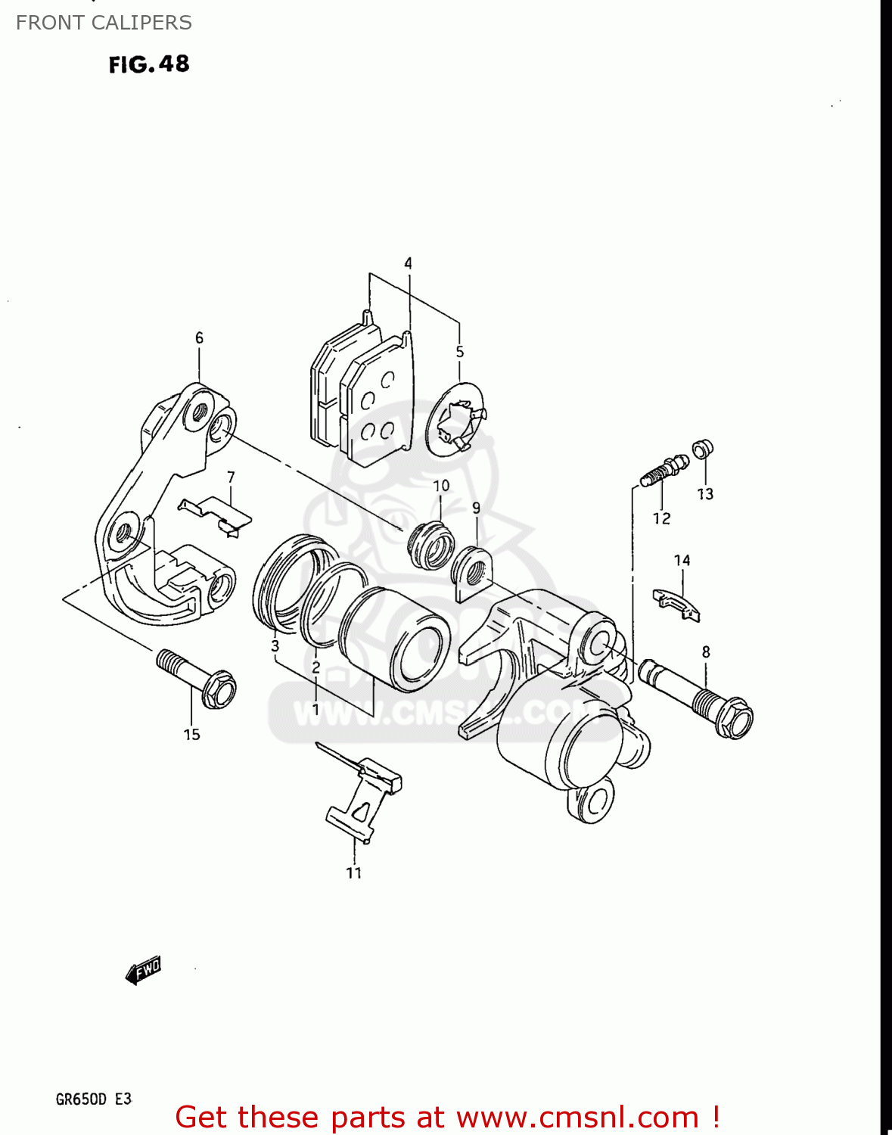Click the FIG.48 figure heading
click(x=149, y=64)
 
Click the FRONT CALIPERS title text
click(x=104, y=23)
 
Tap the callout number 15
click(x=191, y=734)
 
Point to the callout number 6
click(x=199, y=337)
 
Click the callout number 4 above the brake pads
click(x=408, y=263)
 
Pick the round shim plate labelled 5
click(x=455, y=420)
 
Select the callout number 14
click(x=682, y=561)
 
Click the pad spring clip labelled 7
click(x=216, y=512)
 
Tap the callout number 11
click(x=354, y=872)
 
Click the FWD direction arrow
click(x=144, y=969)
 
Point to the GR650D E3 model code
click(x=94, y=1099)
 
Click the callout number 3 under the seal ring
click(x=275, y=646)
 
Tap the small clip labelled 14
click(x=677, y=604)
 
